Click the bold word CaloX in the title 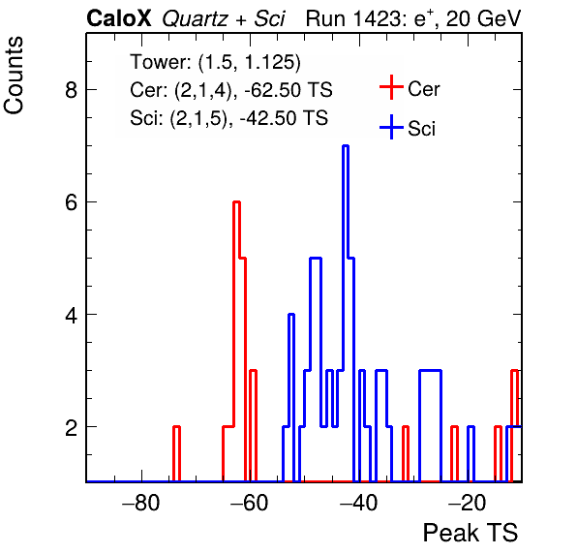(x=119, y=18)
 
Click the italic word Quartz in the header (x=195, y=19)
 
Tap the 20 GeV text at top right (x=484, y=18)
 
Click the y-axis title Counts (x=14, y=76)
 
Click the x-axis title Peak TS (x=471, y=533)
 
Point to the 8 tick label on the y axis (x=71, y=89)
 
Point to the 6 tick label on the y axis (x=71, y=202)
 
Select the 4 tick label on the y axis (x=71, y=315)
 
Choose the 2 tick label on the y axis (x=71, y=427)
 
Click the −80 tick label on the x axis (x=141, y=503)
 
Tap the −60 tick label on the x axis (x=250, y=503)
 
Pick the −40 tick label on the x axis (x=358, y=503)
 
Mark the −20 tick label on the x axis (x=468, y=503)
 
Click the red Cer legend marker (x=391, y=87)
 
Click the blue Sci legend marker (x=391, y=128)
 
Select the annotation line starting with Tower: (x=215, y=62)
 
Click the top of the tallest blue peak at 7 (x=346, y=146)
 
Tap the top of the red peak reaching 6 (x=236, y=202)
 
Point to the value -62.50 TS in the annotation (x=288, y=90)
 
